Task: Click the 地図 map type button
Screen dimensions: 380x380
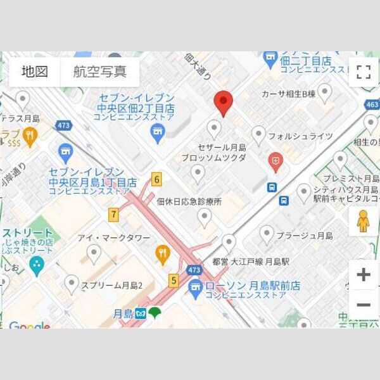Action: tap(35, 72)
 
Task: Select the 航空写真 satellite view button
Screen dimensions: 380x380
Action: tap(99, 72)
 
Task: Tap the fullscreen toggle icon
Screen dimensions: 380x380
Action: tap(363, 72)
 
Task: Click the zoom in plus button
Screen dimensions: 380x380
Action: tap(363, 275)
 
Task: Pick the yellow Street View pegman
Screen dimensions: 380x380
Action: tap(363, 221)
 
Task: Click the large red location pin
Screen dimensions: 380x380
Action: tap(222, 103)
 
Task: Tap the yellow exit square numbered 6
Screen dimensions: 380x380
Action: tap(156, 179)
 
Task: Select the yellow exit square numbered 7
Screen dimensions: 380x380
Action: tap(113, 215)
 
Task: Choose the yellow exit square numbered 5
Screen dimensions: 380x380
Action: tap(173, 279)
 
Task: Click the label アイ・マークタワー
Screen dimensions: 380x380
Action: tap(114, 237)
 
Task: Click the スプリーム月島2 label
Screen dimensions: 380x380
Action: tap(111, 286)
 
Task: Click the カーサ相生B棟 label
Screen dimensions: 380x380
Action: tap(288, 94)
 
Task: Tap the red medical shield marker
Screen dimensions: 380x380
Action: tap(275, 161)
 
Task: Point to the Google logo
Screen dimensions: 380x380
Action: tap(29, 326)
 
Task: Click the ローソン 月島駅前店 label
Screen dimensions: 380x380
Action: tap(253, 286)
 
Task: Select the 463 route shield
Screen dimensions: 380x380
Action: tap(372, 104)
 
